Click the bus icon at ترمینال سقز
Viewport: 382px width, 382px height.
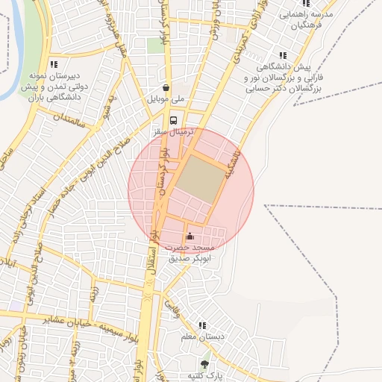(x=174, y=120)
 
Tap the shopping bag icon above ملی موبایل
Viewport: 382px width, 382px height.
(x=166, y=87)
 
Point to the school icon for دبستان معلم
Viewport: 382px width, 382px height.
(x=201, y=325)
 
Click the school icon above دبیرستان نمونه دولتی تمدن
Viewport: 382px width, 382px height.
(x=53, y=64)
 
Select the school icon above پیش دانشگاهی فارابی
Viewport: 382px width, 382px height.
(x=282, y=54)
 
